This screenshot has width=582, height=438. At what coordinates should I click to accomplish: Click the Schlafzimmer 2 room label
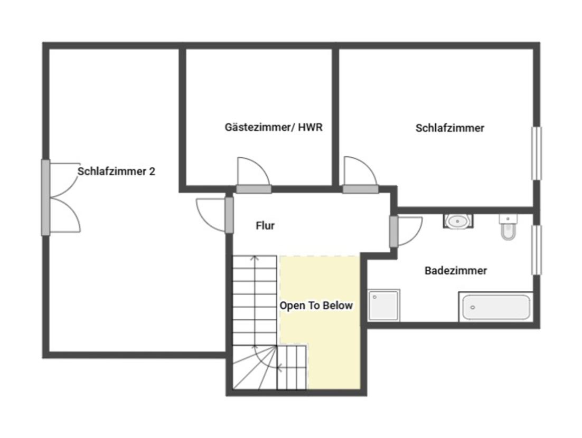[116, 172]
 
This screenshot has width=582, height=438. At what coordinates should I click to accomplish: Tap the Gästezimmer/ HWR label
[274, 127]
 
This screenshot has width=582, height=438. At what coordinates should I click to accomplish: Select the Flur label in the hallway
[265, 225]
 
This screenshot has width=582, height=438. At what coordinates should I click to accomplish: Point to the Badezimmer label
[455, 270]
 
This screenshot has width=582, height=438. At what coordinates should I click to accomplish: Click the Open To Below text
[316, 306]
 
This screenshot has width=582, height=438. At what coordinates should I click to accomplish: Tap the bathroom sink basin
[458, 222]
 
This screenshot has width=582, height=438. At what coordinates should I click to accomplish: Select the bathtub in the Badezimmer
[496, 307]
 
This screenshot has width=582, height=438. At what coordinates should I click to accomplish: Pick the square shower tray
[384, 305]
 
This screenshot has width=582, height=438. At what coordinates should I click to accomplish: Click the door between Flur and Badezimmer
[406, 232]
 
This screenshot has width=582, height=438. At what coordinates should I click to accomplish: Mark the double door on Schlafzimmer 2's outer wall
[61, 198]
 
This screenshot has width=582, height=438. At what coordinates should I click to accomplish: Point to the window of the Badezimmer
[537, 250]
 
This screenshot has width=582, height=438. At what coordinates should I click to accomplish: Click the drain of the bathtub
[473, 307]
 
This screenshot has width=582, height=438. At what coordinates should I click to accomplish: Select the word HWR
[311, 127]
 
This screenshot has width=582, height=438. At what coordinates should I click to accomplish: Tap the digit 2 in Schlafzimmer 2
[152, 172]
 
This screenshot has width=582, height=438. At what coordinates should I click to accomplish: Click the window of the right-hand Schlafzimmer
[537, 153]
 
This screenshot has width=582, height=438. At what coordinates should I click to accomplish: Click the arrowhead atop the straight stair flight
[254, 258]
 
